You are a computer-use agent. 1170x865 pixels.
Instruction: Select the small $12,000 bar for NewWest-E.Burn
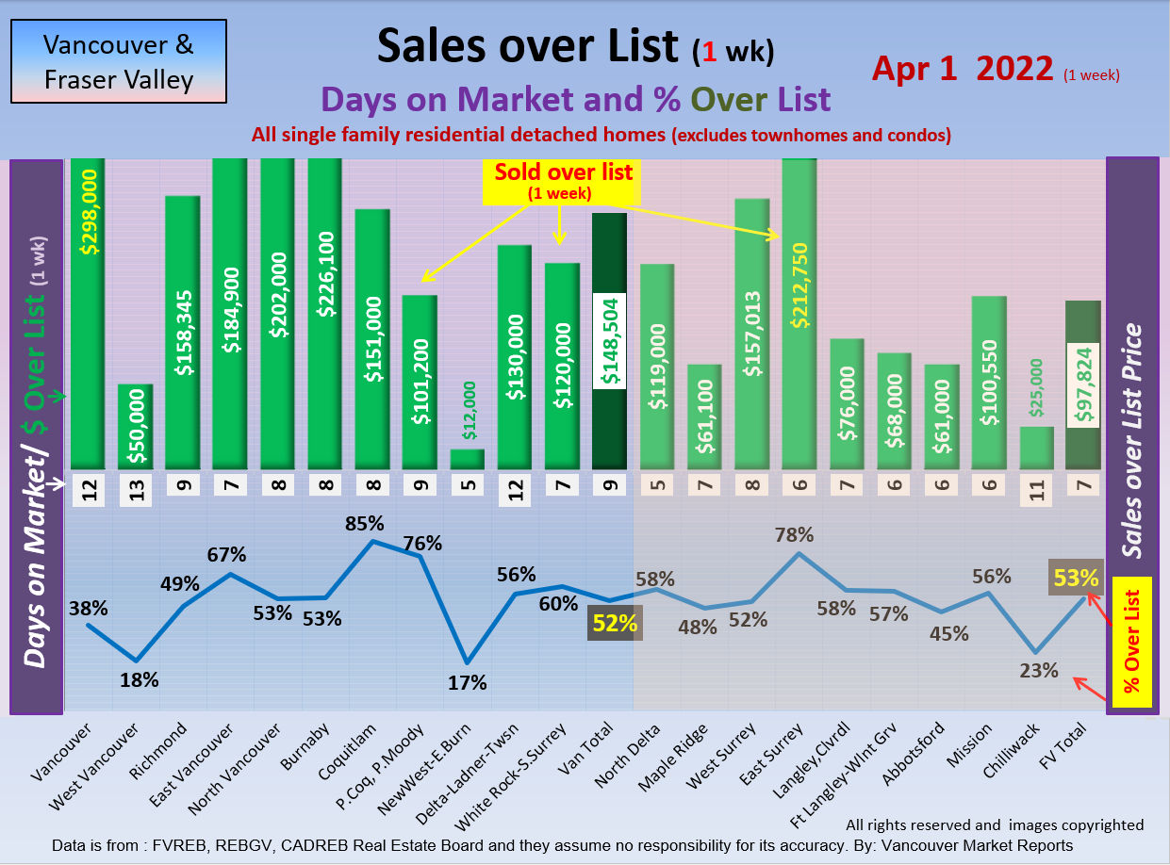click(x=467, y=458)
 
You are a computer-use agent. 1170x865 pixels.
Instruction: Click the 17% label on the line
click(x=468, y=681)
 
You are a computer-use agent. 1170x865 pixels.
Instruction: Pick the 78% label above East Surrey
click(x=795, y=535)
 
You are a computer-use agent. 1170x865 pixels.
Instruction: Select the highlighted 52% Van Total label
click(x=615, y=623)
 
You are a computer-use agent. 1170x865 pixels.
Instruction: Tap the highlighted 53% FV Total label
click(x=1077, y=577)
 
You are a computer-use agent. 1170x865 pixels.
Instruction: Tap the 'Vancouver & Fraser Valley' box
click(x=119, y=61)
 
